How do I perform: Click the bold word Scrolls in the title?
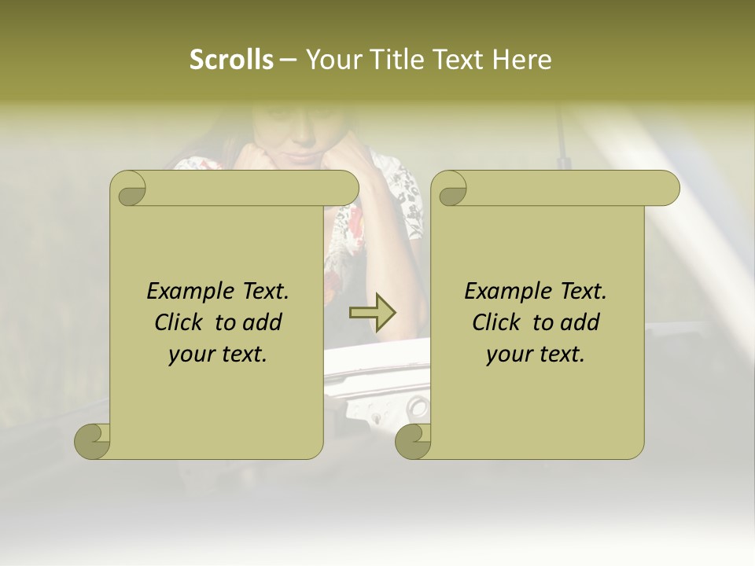[x=232, y=60]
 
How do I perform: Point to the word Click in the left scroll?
[x=182, y=322]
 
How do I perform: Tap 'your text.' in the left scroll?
[x=218, y=354]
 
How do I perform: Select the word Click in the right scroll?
[x=499, y=322]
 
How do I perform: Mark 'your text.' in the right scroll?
[x=536, y=354]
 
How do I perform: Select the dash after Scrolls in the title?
[x=289, y=61]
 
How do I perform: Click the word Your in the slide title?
[x=331, y=60]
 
